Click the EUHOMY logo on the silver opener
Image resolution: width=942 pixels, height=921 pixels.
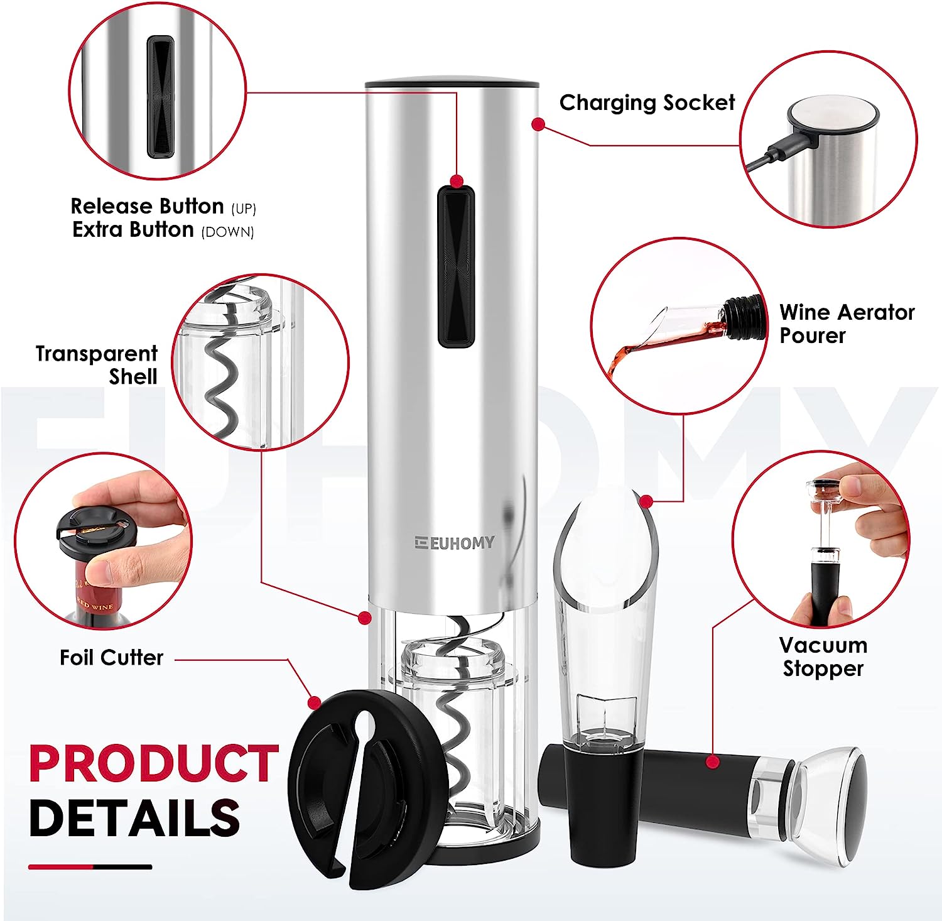tap(454, 543)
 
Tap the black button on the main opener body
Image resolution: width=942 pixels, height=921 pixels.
tap(456, 266)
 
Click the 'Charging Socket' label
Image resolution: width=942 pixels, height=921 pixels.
tap(647, 102)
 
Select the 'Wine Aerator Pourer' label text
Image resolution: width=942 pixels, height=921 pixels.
tap(847, 324)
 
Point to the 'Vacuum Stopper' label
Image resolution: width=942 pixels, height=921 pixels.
tap(823, 657)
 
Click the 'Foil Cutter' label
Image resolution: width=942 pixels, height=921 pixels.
tap(111, 658)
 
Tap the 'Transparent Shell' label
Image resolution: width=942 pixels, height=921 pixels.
tap(96, 365)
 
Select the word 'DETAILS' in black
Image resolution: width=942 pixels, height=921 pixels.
tap(134, 817)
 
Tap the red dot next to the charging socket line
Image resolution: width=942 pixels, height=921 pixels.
tap(538, 124)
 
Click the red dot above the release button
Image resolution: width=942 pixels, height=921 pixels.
tap(457, 181)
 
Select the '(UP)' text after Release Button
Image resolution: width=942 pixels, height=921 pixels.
tap(244, 209)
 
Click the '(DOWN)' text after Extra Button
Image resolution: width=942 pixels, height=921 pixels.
tap(227, 232)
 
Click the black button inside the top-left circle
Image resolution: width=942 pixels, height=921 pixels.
tap(160, 96)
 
